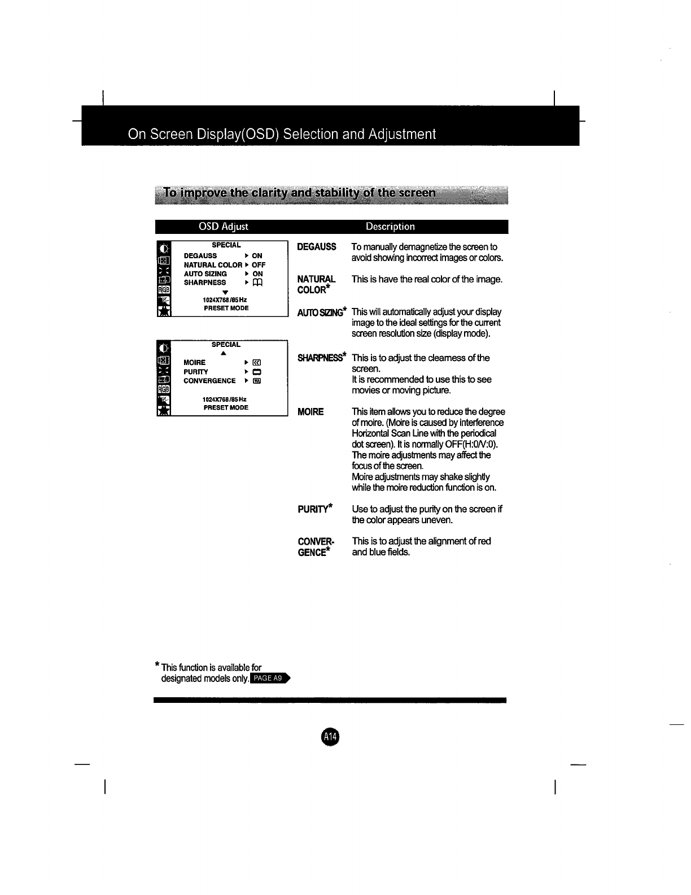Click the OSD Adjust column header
point(223,227)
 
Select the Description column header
point(390,227)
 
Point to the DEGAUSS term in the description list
point(317,247)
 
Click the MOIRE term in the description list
point(310,412)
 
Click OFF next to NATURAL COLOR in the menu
point(259,265)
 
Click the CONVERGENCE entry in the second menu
point(209,381)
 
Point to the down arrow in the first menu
point(225,292)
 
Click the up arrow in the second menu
point(224,353)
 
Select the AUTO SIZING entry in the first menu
point(205,274)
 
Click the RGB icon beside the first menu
point(163,290)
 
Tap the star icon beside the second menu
point(163,410)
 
